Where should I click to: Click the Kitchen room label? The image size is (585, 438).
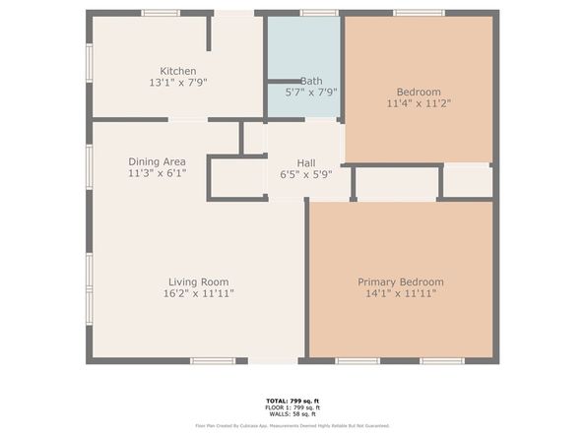[178, 71]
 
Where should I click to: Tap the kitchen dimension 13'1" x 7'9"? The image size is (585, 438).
[178, 83]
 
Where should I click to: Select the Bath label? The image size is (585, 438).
[311, 81]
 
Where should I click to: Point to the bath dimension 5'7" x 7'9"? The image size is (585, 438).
[311, 93]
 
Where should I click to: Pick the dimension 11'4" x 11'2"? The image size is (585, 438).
[420, 103]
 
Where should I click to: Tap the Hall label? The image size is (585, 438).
[305, 162]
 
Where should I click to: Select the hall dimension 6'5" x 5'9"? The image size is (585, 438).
[305, 174]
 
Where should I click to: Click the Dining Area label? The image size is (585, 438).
[157, 161]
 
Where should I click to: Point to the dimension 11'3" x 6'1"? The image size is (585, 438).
[157, 173]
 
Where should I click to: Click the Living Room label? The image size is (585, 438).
[198, 282]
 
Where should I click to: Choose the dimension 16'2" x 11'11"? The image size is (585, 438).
[198, 293]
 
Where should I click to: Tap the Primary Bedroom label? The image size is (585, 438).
[400, 282]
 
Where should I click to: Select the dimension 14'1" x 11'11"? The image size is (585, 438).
[400, 293]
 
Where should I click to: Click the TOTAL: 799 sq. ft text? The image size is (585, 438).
[292, 402]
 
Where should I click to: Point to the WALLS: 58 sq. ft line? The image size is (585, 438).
[292, 413]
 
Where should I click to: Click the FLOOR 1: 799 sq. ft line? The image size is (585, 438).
[292, 407]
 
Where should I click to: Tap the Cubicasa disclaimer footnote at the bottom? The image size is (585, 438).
[292, 426]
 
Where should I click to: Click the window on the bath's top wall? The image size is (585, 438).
[319, 13]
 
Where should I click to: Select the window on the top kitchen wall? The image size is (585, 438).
[161, 13]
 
